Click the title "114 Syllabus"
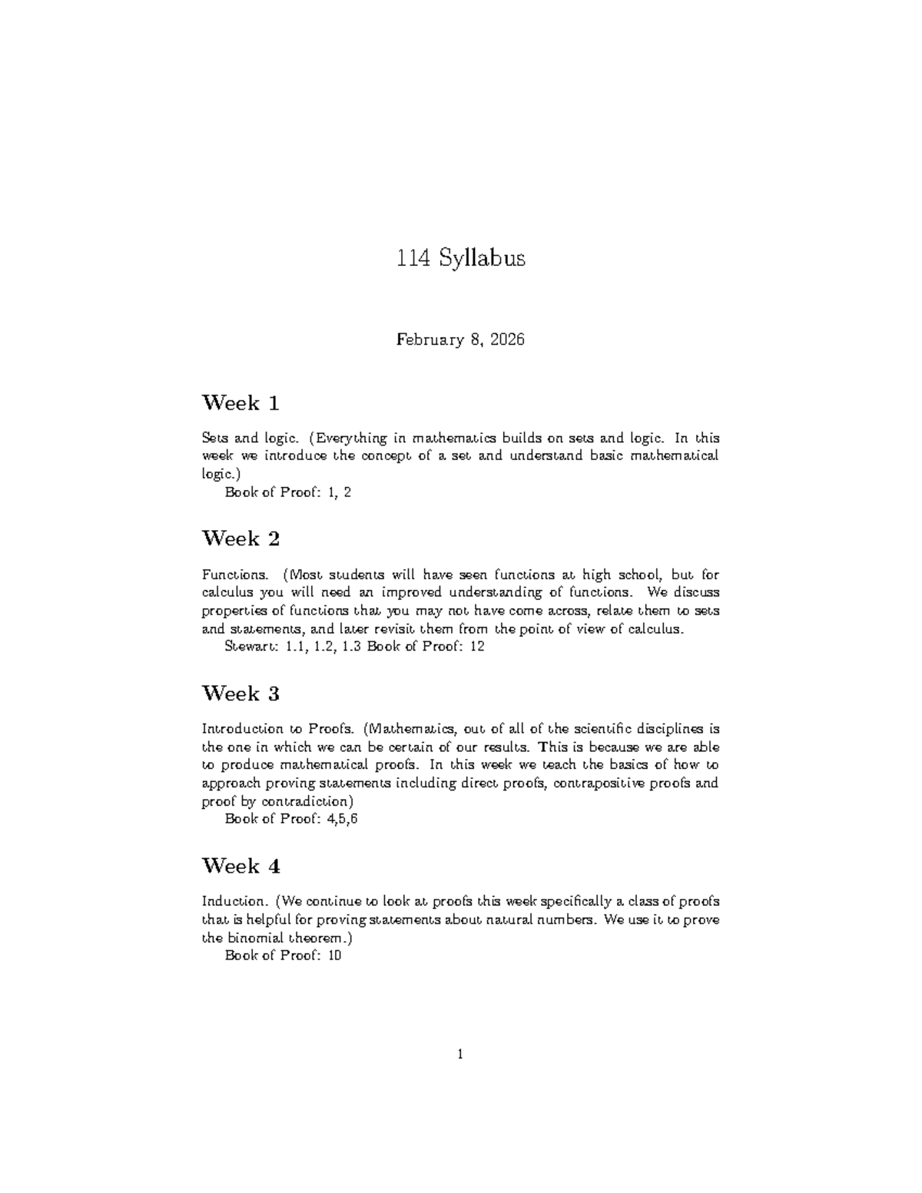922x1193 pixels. pos(460,258)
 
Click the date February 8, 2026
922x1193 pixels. pos(460,340)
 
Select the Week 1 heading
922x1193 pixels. pos(240,403)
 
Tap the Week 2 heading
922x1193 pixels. pos(240,539)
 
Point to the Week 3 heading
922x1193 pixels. pos(240,694)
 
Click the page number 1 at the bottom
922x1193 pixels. pos(460,1055)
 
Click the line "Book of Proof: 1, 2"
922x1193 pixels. pos(287,492)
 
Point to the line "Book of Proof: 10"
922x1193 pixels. pos(283,956)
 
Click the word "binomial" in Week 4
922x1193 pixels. pos(255,938)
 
